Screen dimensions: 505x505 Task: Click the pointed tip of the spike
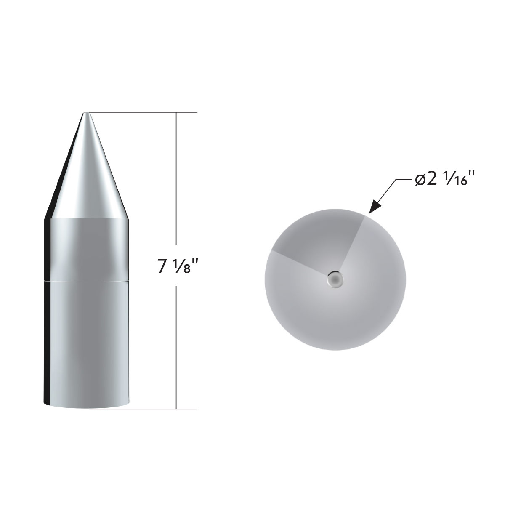86,114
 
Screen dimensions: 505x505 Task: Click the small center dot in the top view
335,279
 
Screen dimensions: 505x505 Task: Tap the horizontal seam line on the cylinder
86,280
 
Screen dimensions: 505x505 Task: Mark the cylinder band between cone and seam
88,248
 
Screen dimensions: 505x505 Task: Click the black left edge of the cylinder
47,316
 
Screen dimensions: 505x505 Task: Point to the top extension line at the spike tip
143,112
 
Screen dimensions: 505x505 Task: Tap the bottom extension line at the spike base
143,409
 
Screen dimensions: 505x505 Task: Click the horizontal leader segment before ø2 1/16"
402,181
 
